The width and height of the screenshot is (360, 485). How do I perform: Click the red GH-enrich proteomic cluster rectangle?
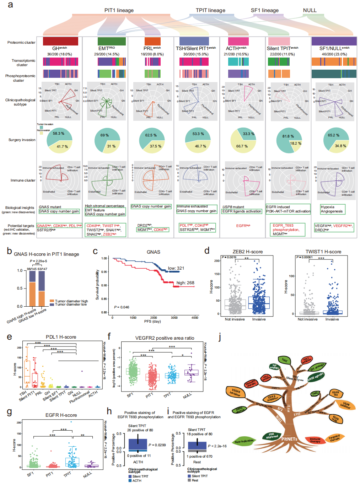click(x=60, y=41)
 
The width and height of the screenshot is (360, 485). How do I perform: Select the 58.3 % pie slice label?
click(x=59, y=134)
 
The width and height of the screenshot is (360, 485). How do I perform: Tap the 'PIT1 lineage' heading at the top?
click(x=119, y=10)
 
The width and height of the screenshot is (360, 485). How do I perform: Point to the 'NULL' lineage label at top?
click(x=310, y=10)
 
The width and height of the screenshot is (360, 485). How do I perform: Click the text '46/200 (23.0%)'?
click(x=334, y=54)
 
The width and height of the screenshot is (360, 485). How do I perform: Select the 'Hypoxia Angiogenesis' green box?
click(x=332, y=209)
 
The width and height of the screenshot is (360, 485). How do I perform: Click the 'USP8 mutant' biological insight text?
click(x=233, y=207)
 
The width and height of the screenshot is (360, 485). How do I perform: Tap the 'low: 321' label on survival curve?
click(x=176, y=268)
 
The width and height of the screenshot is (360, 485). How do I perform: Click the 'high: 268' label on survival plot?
click(x=185, y=283)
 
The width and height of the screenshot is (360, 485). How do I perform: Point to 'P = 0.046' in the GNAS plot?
click(x=122, y=307)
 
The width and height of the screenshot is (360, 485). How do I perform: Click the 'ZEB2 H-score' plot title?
click(x=248, y=252)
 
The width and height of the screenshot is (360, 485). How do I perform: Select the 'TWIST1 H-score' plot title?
click(x=323, y=252)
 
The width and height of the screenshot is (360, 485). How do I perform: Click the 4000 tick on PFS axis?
click(x=195, y=318)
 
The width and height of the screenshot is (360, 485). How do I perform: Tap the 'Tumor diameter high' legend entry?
click(x=71, y=301)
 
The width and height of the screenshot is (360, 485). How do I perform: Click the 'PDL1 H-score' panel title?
click(x=61, y=337)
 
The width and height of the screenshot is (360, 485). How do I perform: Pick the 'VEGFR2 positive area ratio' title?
click(x=165, y=338)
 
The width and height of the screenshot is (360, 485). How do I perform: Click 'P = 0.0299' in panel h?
click(x=157, y=445)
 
